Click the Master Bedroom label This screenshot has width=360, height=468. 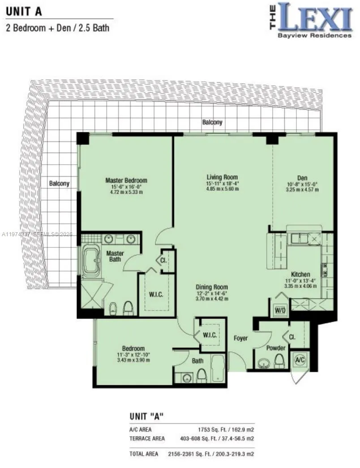pos(126,180)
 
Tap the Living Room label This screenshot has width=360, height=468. pos(222,177)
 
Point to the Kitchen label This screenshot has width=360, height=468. pos(300,274)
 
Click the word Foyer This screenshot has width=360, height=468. pos(240,338)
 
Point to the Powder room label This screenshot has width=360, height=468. pos(276,348)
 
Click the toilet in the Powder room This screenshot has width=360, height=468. pos(280,360)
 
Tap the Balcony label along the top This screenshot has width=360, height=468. pos(212,122)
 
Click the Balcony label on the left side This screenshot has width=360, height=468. pos(59,183)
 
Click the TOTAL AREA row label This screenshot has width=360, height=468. pos(144,454)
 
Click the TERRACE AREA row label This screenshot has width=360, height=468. pos(147,438)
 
